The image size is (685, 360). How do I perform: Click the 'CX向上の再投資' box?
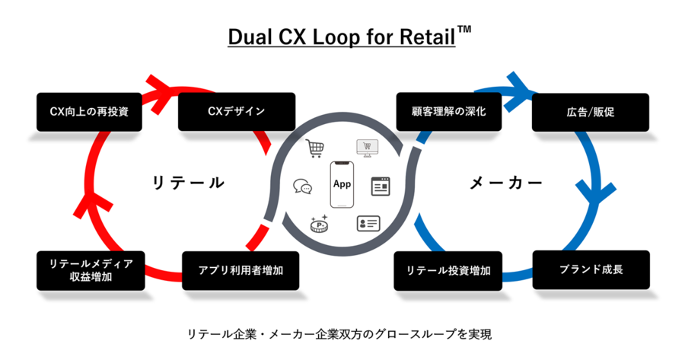pos(89,112)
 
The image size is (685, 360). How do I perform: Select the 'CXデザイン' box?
pos(237,111)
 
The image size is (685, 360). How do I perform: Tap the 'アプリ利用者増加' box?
pos(241,270)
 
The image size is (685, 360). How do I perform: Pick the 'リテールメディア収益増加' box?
pos(91,270)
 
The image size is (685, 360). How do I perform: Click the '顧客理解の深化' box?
pos(448,111)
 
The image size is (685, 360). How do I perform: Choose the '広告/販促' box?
pos(590,113)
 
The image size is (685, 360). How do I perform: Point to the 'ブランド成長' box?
pos(591,269)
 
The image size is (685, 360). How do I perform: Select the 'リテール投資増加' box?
pos(448,271)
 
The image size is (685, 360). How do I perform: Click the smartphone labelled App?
pos(342,184)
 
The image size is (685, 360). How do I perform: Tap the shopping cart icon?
pos(314,148)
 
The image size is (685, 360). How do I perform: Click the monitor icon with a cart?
pos(367,148)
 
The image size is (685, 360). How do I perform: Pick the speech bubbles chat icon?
pos(303,186)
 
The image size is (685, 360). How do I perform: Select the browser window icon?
pos(381,186)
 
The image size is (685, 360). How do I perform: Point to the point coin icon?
pos(320,224)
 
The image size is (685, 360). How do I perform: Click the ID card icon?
pos(368,223)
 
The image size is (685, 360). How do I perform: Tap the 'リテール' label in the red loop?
pos(188,183)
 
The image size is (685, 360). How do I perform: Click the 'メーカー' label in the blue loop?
pos(506,183)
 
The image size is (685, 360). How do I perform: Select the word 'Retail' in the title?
pos(428,37)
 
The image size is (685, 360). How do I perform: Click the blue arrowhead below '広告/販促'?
pos(596,193)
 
